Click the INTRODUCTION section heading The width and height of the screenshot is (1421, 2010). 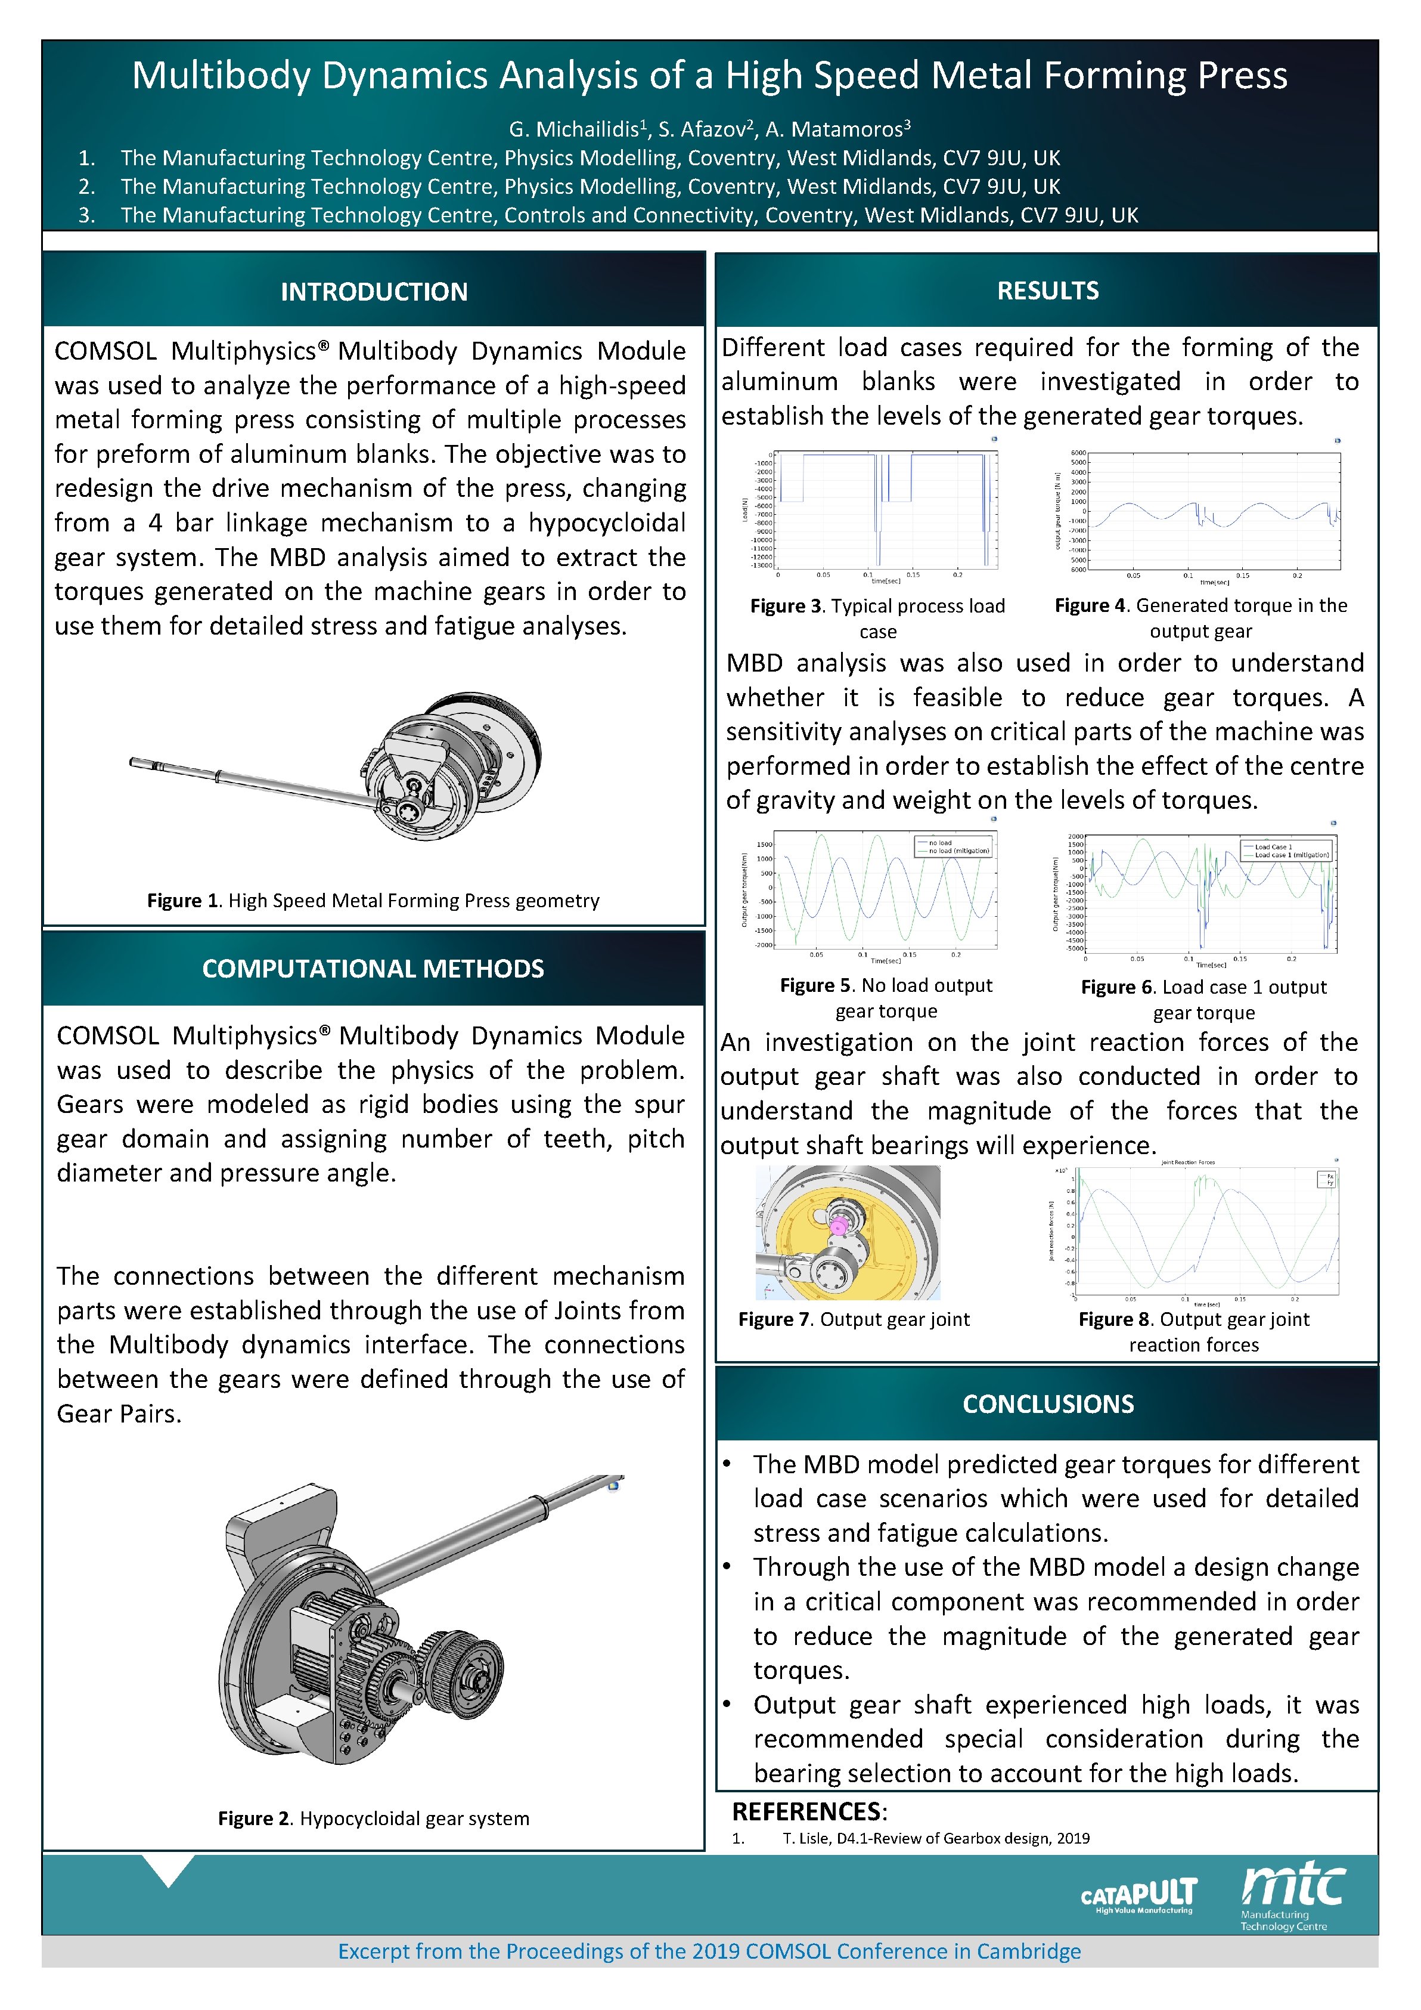(x=374, y=292)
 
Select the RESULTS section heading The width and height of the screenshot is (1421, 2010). (x=1047, y=290)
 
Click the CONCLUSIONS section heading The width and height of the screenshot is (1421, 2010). (x=1047, y=1403)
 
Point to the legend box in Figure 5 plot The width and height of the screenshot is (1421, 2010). (x=954, y=846)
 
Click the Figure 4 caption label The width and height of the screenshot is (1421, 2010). (x=1091, y=606)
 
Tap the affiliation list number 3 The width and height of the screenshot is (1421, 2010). (x=86, y=215)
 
